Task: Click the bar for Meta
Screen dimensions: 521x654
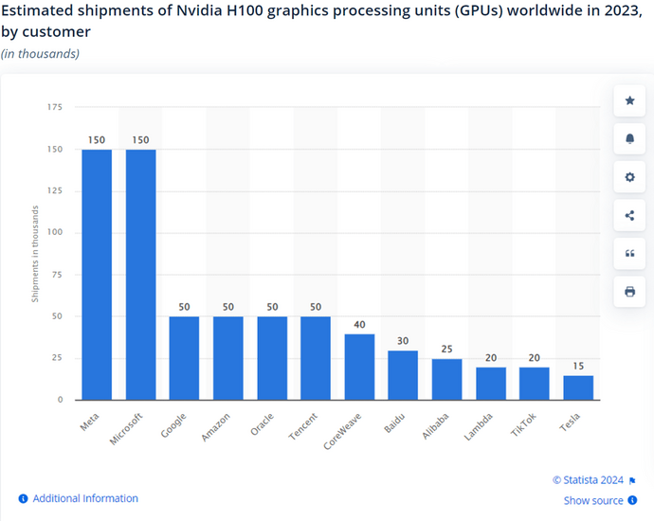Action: [97, 274]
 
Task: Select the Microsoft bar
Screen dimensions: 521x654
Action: [140, 274]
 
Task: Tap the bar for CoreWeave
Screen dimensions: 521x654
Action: [359, 367]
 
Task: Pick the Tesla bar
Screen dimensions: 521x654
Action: [578, 387]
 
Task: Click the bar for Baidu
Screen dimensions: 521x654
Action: [403, 375]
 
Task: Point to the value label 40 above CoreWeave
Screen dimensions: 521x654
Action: [359, 324]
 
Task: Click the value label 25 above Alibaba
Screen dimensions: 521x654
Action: [446, 349]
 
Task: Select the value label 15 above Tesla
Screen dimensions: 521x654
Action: [578, 366]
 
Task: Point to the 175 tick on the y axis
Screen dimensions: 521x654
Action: [55, 108]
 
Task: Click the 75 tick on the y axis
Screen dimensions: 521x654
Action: [58, 275]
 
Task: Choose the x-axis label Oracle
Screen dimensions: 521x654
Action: [263, 422]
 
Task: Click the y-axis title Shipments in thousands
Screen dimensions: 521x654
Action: [35, 254]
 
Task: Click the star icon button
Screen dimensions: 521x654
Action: [629, 100]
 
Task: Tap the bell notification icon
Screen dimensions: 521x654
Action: [629, 138]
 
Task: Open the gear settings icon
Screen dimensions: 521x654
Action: [629, 177]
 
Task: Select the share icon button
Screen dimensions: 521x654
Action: [629, 215]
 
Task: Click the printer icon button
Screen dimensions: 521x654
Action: [629, 291]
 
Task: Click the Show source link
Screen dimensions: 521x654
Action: [593, 500]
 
